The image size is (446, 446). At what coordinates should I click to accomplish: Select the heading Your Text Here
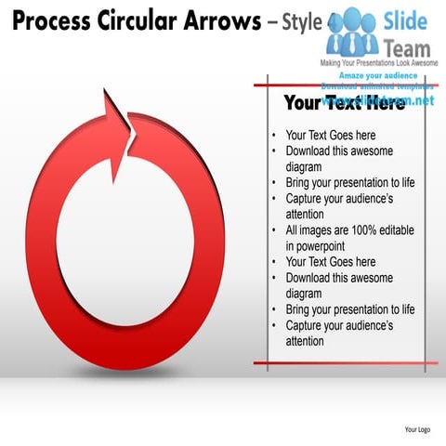point(344,102)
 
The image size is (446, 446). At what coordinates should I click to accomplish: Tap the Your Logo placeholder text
point(417,429)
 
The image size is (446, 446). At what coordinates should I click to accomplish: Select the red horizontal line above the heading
point(346,84)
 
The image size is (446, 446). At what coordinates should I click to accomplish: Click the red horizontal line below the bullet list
point(346,363)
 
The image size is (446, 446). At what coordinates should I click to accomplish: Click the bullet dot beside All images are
point(274,230)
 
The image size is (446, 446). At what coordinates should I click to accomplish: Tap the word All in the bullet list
point(293,230)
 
